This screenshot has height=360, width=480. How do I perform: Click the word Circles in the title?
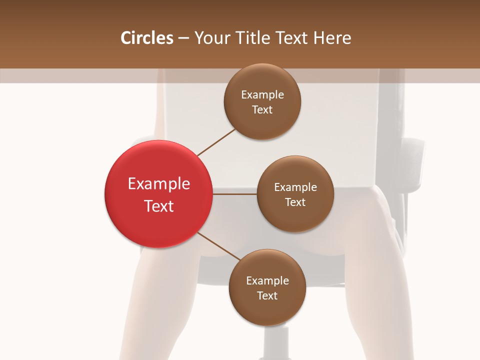tap(147, 38)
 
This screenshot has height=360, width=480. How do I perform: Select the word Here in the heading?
tap(333, 38)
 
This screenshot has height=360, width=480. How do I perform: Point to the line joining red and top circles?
tap(216, 142)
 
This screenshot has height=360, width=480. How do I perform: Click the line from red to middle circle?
tap(235, 194)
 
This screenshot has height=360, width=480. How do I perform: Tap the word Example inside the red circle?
tap(159, 184)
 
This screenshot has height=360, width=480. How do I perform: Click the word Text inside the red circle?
tap(159, 206)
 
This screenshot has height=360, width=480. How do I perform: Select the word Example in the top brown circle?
tap(262, 95)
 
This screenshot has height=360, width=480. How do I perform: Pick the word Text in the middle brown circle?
tap(295, 202)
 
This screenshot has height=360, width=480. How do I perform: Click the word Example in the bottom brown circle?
tap(267, 281)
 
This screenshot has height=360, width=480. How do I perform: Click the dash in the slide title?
tap(183, 38)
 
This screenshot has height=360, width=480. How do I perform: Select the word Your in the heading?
tap(209, 38)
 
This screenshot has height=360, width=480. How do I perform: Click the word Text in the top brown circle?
tap(262, 110)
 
